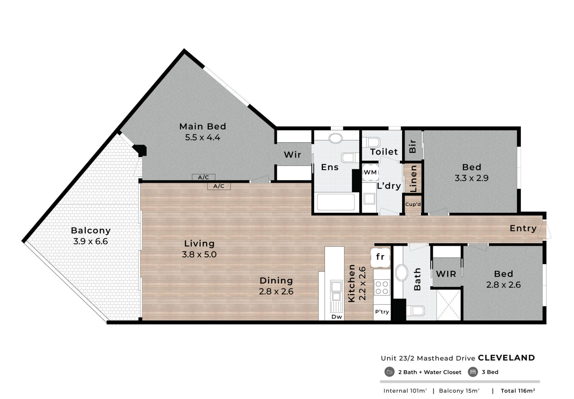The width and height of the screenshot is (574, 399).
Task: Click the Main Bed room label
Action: [203, 126]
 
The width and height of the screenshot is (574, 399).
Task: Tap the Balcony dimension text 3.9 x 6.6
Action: [91, 241]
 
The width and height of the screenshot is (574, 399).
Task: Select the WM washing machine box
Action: [370, 172]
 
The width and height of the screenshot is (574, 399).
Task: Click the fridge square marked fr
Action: [380, 257]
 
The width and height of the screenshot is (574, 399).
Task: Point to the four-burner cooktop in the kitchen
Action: [382, 287]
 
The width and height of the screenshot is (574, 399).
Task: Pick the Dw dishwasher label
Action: [337, 317]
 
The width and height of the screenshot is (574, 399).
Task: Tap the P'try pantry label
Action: [382, 312]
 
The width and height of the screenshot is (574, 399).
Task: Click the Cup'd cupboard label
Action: [413, 204]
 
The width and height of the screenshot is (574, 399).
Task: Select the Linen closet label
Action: [413, 179]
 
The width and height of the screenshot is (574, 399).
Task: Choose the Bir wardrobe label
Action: [413, 146]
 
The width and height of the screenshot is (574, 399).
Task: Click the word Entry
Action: [523, 229]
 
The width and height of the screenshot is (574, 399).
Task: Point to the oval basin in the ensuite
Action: [336, 138]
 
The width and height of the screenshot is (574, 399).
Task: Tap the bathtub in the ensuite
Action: [336, 202]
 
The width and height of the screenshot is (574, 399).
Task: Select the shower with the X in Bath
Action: [448, 305]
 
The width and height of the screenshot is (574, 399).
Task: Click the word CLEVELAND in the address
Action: [506, 358]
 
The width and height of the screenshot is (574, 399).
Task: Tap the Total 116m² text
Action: [518, 391]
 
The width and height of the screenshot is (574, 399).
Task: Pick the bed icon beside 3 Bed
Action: [473, 372]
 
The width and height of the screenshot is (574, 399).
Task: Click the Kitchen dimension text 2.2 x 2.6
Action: [362, 283]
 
